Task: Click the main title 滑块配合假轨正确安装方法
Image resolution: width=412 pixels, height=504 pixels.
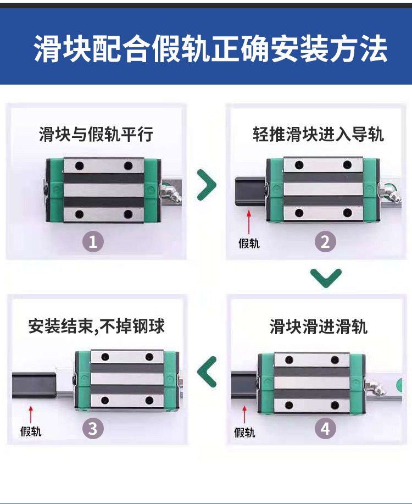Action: pyautogui.click(x=210, y=49)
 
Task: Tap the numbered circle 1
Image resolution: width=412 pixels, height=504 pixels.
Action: pyautogui.click(x=93, y=242)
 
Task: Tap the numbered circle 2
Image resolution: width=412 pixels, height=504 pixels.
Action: pyautogui.click(x=325, y=242)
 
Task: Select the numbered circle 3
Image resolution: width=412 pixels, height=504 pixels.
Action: pyautogui.click(x=93, y=429)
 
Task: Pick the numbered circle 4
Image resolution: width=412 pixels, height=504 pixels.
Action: pyautogui.click(x=325, y=429)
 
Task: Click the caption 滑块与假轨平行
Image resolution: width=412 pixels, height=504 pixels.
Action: pyautogui.click(x=96, y=134)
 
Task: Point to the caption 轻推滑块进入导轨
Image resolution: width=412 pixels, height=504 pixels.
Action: pyautogui.click(x=318, y=134)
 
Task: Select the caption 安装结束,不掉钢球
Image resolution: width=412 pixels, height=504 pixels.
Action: pyautogui.click(x=97, y=326)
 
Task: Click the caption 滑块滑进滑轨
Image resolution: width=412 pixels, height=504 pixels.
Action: pyautogui.click(x=319, y=327)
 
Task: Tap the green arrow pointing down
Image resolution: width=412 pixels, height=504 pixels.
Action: pyautogui.click(x=326, y=278)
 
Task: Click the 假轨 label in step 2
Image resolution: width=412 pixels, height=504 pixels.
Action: pyautogui.click(x=249, y=243)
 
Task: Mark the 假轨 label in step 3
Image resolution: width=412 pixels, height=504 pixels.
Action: pyautogui.click(x=31, y=431)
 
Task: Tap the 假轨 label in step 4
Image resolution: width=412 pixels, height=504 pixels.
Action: pyautogui.click(x=244, y=433)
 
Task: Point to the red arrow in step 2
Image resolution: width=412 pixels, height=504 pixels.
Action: pyautogui.click(x=248, y=221)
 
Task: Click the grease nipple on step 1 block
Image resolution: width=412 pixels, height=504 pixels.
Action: pyautogui.click(x=171, y=192)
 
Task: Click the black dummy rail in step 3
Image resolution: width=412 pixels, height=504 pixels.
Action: pyautogui.click(x=34, y=385)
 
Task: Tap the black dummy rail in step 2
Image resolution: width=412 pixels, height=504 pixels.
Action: pyautogui.click(x=250, y=191)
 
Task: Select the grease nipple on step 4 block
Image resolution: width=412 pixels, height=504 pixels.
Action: pyautogui.click(x=375, y=387)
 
